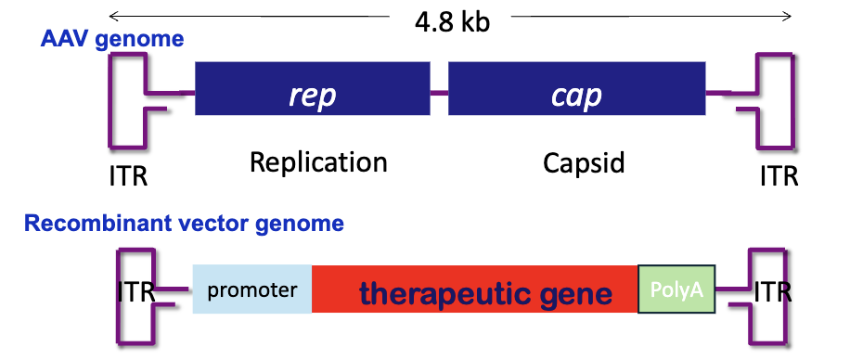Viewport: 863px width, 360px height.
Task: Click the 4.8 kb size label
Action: [452, 22]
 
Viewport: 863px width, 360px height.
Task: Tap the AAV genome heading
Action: [111, 40]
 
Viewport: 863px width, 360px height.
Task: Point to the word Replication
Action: [318, 162]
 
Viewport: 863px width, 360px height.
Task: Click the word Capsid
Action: [585, 164]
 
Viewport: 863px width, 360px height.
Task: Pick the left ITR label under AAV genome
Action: [128, 174]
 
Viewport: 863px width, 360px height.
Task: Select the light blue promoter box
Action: [251, 289]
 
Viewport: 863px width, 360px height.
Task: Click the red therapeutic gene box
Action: [475, 289]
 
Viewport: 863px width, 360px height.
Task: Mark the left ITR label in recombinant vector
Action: [137, 291]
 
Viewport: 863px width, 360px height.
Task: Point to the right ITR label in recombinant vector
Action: [772, 291]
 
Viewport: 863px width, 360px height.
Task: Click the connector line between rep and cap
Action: [439, 92]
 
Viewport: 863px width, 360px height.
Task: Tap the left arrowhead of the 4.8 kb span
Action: [111, 16]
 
